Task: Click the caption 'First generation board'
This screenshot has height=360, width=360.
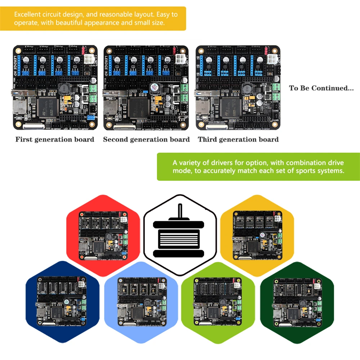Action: click(x=55, y=139)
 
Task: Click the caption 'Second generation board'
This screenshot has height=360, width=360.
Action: click(x=146, y=139)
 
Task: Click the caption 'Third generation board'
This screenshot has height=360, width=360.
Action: click(x=238, y=139)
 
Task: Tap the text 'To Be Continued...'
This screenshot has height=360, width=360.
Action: click(x=321, y=88)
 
